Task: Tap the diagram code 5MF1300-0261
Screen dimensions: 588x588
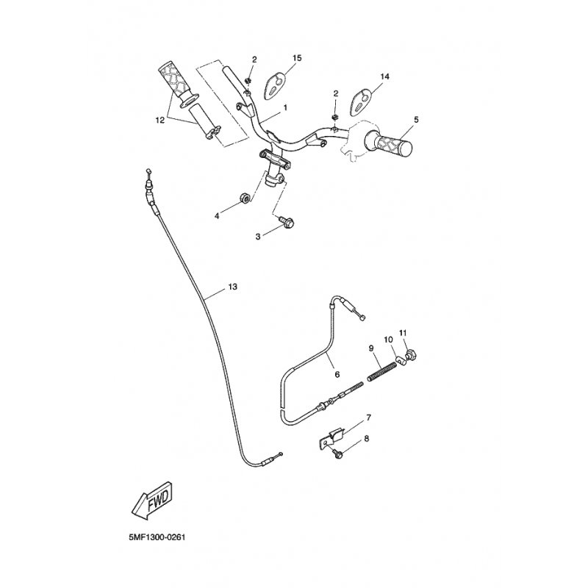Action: pyautogui.click(x=157, y=537)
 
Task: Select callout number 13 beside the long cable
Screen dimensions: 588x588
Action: pyautogui.click(x=232, y=287)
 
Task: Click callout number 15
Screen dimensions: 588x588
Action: pyautogui.click(x=297, y=58)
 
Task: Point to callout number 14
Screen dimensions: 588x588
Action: pyautogui.click(x=384, y=76)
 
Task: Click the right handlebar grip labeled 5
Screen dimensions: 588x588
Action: pyautogui.click(x=389, y=143)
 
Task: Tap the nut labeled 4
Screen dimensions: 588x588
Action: pyautogui.click(x=244, y=198)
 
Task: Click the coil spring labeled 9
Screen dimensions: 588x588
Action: pyautogui.click(x=381, y=371)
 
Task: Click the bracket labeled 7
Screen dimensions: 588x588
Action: pyautogui.click(x=330, y=437)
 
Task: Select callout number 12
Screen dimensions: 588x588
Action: pyautogui.click(x=160, y=120)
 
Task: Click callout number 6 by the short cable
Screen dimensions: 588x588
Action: pyautogui.click(x=337, y=374)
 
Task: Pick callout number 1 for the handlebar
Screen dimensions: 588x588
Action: pyautogui.click(x=286, y=107)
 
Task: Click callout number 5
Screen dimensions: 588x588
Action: pyautogui.click(x=416, y=120)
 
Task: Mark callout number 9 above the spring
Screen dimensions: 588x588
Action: pyautogui.click(x=371, y=348)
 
